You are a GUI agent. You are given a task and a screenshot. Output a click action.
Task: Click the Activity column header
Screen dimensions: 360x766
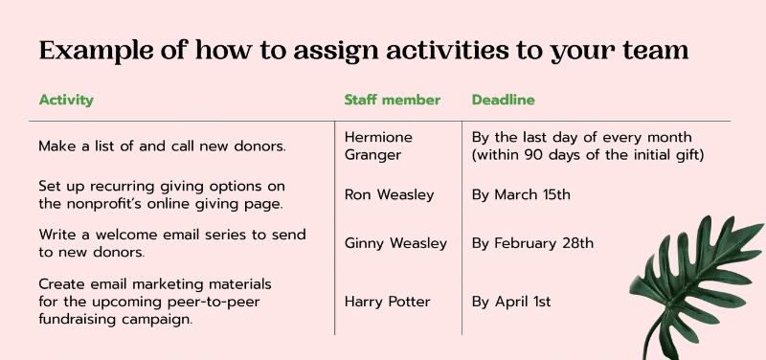66,100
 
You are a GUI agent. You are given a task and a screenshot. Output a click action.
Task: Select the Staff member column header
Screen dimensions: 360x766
392,100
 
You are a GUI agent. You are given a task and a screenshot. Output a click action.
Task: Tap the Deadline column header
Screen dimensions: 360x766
503,100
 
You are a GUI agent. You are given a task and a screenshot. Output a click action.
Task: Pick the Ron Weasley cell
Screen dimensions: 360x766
389,194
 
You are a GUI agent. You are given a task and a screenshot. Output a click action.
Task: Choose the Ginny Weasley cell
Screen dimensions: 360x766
395,243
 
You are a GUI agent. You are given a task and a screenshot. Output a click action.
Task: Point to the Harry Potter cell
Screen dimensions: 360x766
387,302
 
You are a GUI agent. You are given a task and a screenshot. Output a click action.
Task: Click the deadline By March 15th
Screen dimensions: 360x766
521,194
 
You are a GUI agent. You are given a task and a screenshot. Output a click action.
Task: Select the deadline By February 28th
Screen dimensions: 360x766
532,243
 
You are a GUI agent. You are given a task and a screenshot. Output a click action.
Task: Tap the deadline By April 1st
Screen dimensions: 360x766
511,302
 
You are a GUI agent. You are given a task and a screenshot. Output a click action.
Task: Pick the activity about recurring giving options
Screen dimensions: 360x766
163,193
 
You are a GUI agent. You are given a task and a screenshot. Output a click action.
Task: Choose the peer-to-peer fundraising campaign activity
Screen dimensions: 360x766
155,302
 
